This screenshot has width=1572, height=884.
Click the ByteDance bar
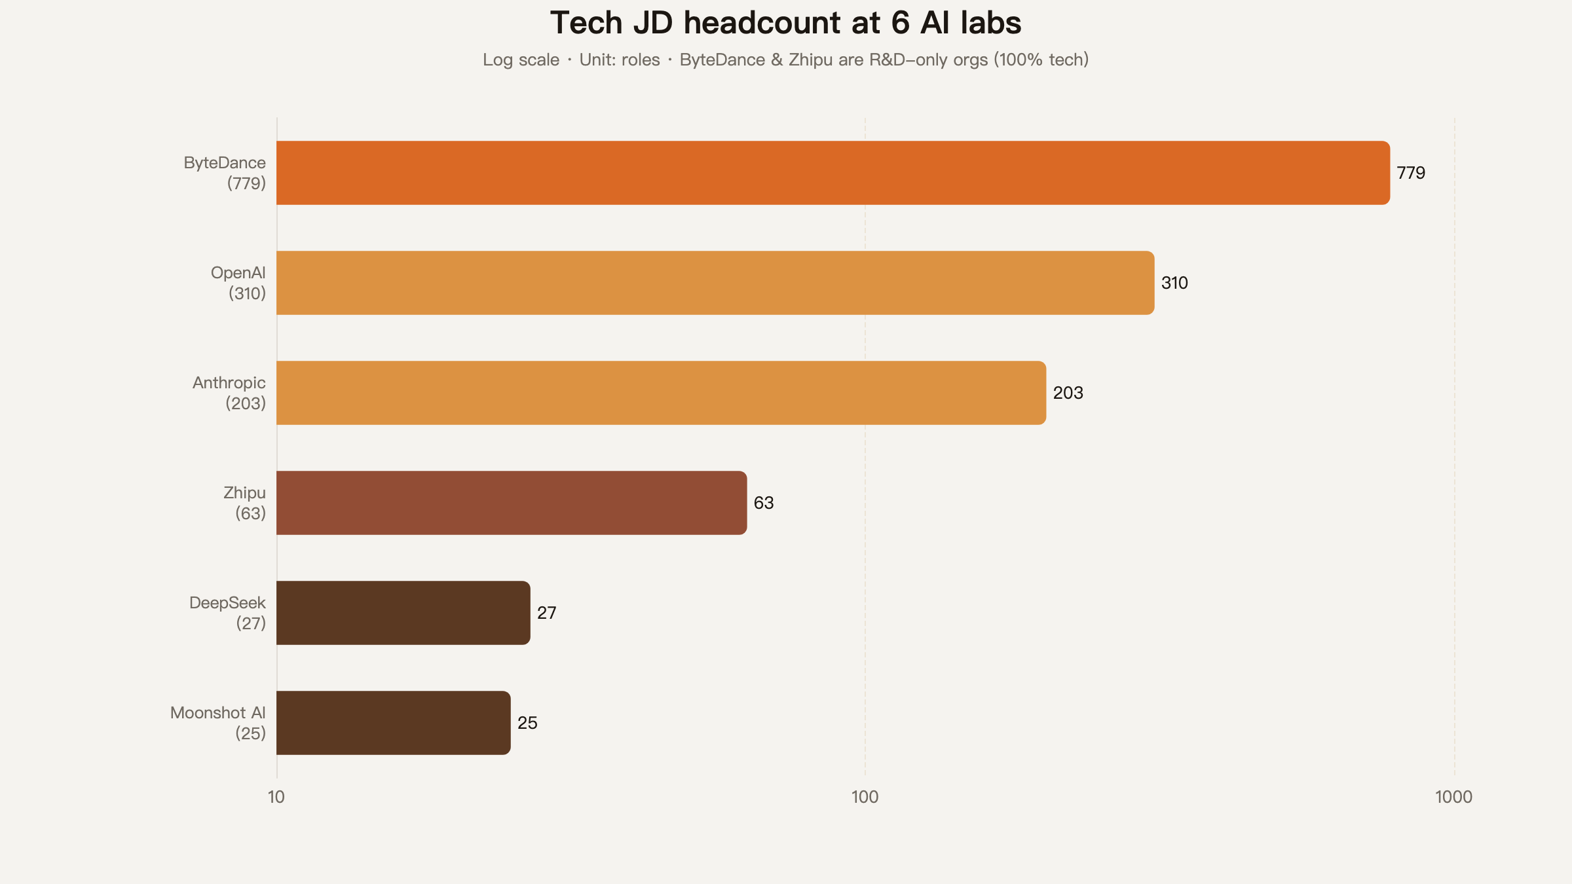click(x=833, y=173)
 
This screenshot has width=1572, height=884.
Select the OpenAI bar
click(x=715, y=283)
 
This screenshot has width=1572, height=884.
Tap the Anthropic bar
click(x=662, y=393)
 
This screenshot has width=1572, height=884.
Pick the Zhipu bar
click(x=512, y=503)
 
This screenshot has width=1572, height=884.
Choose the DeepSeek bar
click(x=403, y=613)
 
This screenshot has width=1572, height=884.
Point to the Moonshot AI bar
click(x=394, y=723)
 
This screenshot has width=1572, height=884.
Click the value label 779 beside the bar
click(x=1411, y=173)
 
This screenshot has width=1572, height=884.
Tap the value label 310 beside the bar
click(x=1174, y=283)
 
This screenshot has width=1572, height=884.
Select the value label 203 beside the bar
click(x=1068, y=393)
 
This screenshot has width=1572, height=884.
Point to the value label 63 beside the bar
click(x=764, y=503)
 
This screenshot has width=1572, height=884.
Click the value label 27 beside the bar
click(x=547, y=613)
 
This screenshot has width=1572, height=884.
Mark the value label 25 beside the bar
click(x=527, y=723)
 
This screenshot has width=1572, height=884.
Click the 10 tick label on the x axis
click(x=276, y=797)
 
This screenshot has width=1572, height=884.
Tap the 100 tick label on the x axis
click(x=865, y=797)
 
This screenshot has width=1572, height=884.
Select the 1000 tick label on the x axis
click(x=1454, y=797)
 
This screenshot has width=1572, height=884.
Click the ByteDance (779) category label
click(x=225, y=173)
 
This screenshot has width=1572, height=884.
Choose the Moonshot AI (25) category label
click(x=218, y=723)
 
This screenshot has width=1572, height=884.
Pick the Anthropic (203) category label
click(x=229, y=393)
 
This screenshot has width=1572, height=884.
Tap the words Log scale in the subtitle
click(x=521, y=60)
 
